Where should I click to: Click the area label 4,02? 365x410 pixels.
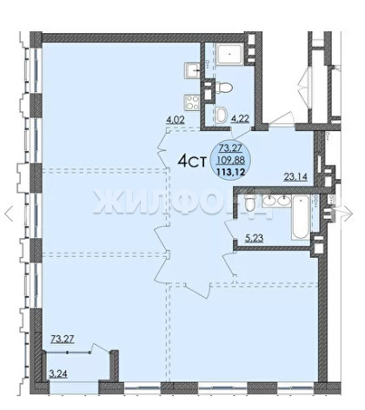pos(176,120)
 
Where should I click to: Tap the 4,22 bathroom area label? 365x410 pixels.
pos(240,118)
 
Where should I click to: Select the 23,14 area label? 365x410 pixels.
pos(295,176)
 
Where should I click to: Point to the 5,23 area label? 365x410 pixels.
pos(254,238)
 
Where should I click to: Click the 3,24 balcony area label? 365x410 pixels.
pos(58,374)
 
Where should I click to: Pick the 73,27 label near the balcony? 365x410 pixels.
pos(63,339)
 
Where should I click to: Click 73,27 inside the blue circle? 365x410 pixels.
pos(230,149)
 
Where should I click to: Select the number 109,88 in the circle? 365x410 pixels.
pos(231,160)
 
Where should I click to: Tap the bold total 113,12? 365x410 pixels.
pos(231,172)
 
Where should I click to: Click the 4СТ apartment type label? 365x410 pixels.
pos(192,162)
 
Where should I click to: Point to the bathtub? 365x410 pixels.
pos(301,217)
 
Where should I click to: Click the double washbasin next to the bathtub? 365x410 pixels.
pos(276,200)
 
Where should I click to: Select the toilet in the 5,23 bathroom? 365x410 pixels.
pos(249,203)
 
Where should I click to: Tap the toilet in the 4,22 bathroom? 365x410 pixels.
pos(223,87)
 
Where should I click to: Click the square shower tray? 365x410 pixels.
pos(230,54)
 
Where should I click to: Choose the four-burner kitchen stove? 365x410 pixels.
pos(192,102)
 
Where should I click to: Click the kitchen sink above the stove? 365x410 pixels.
pos(192,69)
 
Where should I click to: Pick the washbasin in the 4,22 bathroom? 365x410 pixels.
pos(222,115)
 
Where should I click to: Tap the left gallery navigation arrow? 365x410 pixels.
pos(9,214)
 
